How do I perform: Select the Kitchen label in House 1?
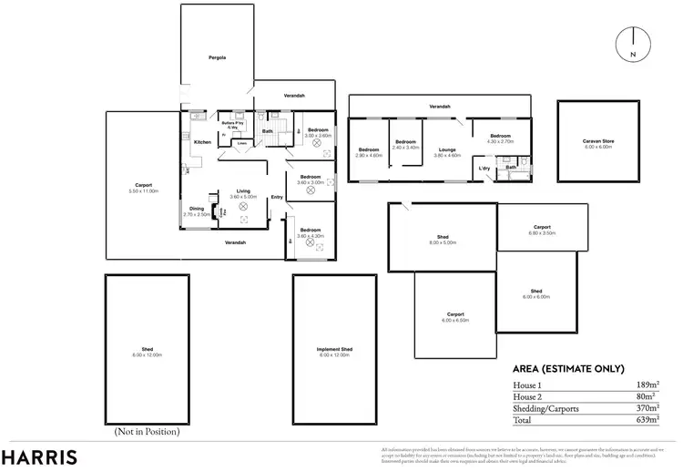202,142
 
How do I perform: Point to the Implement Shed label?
334,349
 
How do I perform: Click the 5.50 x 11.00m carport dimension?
144,191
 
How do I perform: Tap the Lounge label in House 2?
446,149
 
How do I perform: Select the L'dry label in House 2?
484,169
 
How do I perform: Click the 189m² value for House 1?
646,385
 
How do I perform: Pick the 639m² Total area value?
646,422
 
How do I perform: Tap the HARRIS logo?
38,457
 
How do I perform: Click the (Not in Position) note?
146,431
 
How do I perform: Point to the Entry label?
276,197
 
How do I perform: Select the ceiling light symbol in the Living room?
243,206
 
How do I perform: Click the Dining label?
197,209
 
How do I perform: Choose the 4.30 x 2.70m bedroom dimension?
501,141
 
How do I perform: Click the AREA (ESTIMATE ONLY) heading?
568,369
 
